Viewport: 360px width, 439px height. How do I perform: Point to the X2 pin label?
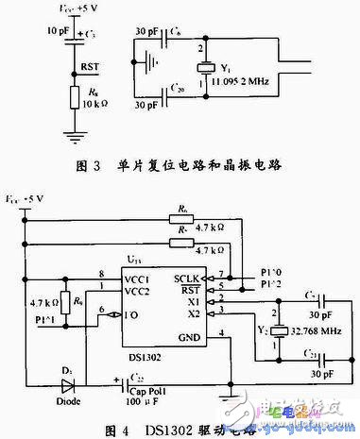194,313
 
